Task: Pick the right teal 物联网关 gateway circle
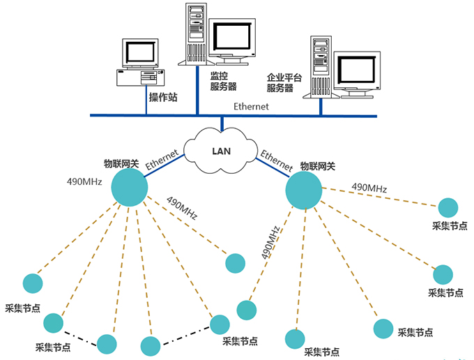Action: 304,190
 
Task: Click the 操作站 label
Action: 163,97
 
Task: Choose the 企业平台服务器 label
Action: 284,83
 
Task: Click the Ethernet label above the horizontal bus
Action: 251,107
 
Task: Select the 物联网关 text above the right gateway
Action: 317,166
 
